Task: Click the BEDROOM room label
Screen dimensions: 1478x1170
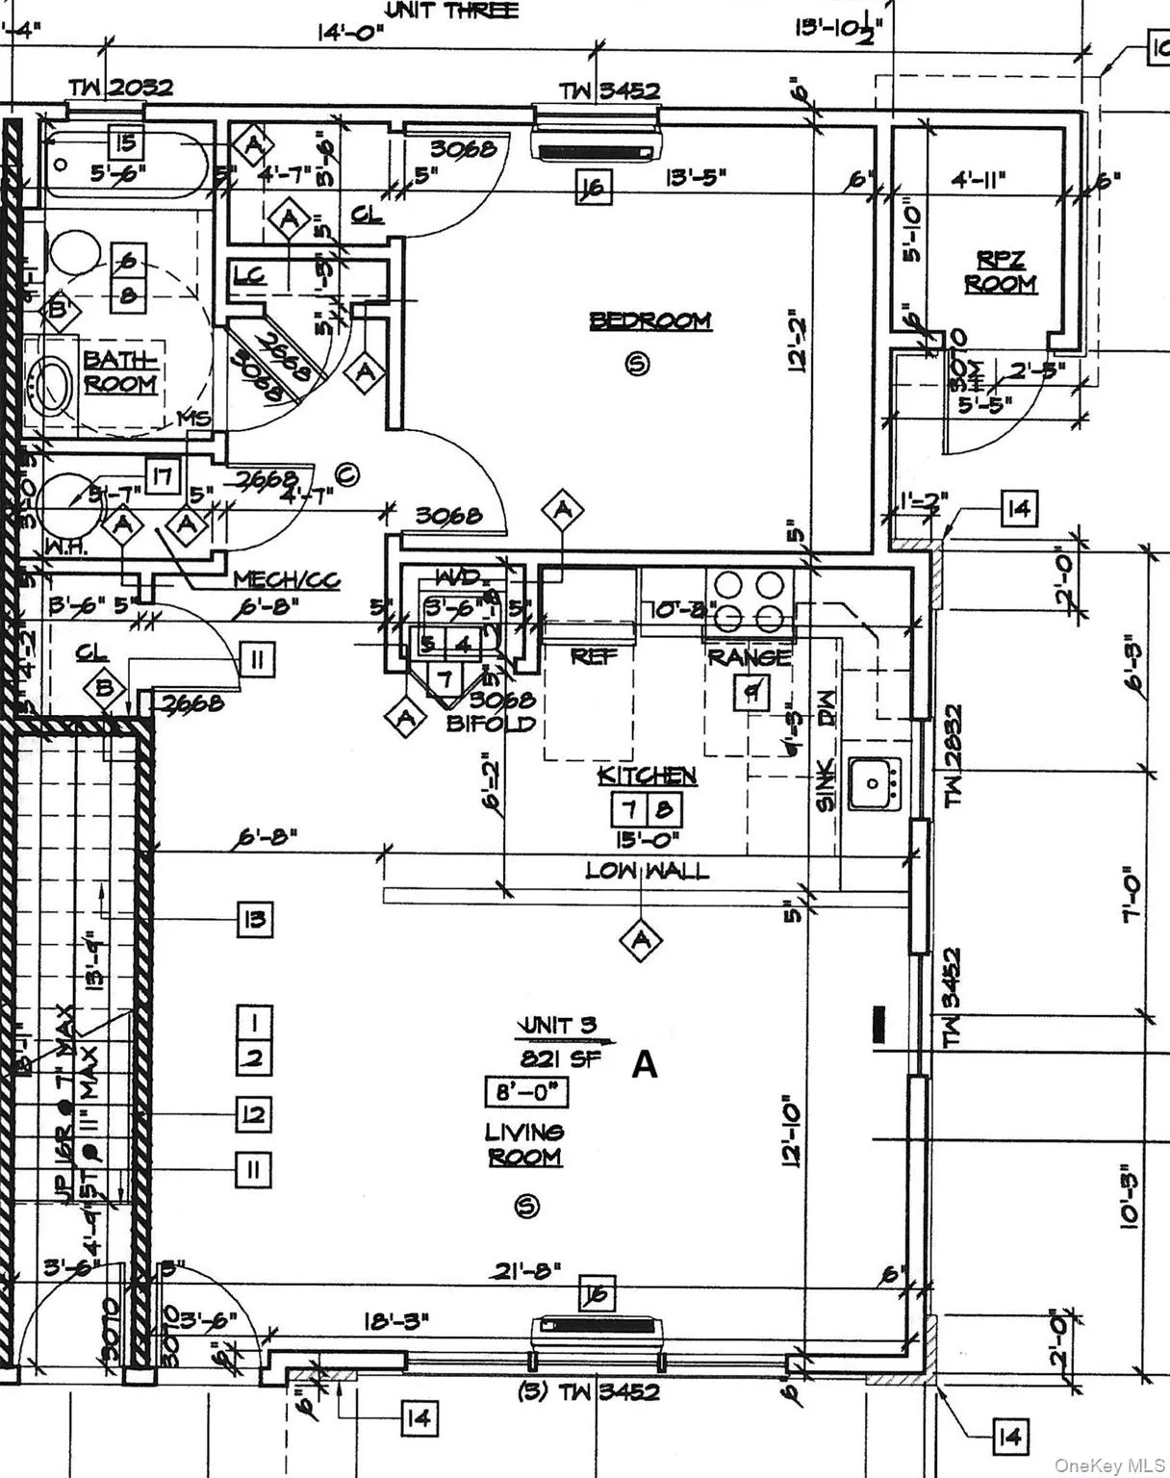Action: pyautogui.click(x=650, y=320)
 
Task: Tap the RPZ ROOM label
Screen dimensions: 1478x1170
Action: pyautogui.click(x=1001, y=272)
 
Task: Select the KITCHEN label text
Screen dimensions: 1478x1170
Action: pyautogui.click(x=647, y=776)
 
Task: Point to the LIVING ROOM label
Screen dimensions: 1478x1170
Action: pyautogui.click(x=524, y=1144)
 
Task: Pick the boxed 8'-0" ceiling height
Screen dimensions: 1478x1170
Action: pyautogui.click(x=525, y=1093)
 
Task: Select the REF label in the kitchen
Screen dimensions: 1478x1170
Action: pyautogui.click(x=594, y=657)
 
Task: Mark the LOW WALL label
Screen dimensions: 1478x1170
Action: pyautogui.click(x=648, y=871)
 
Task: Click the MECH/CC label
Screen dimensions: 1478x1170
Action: pyautogui.click(x=287, y=580)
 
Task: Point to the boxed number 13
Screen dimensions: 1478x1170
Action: pyautogui.click(x=255, y=920)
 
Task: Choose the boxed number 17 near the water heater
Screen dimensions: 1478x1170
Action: pyautogui.click(x=165, y=474)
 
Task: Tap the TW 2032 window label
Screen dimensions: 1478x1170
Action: pyautogui.click(x=120, y=88)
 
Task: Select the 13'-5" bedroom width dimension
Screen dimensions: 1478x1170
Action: pyautogui.click(x=697, y=177)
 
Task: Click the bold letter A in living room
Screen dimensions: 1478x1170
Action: pyautogui.click(x=644, y=1065)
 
